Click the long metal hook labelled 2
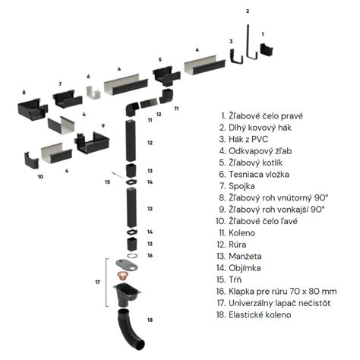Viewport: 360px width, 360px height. pyautogui.click(x=247, y=42)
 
